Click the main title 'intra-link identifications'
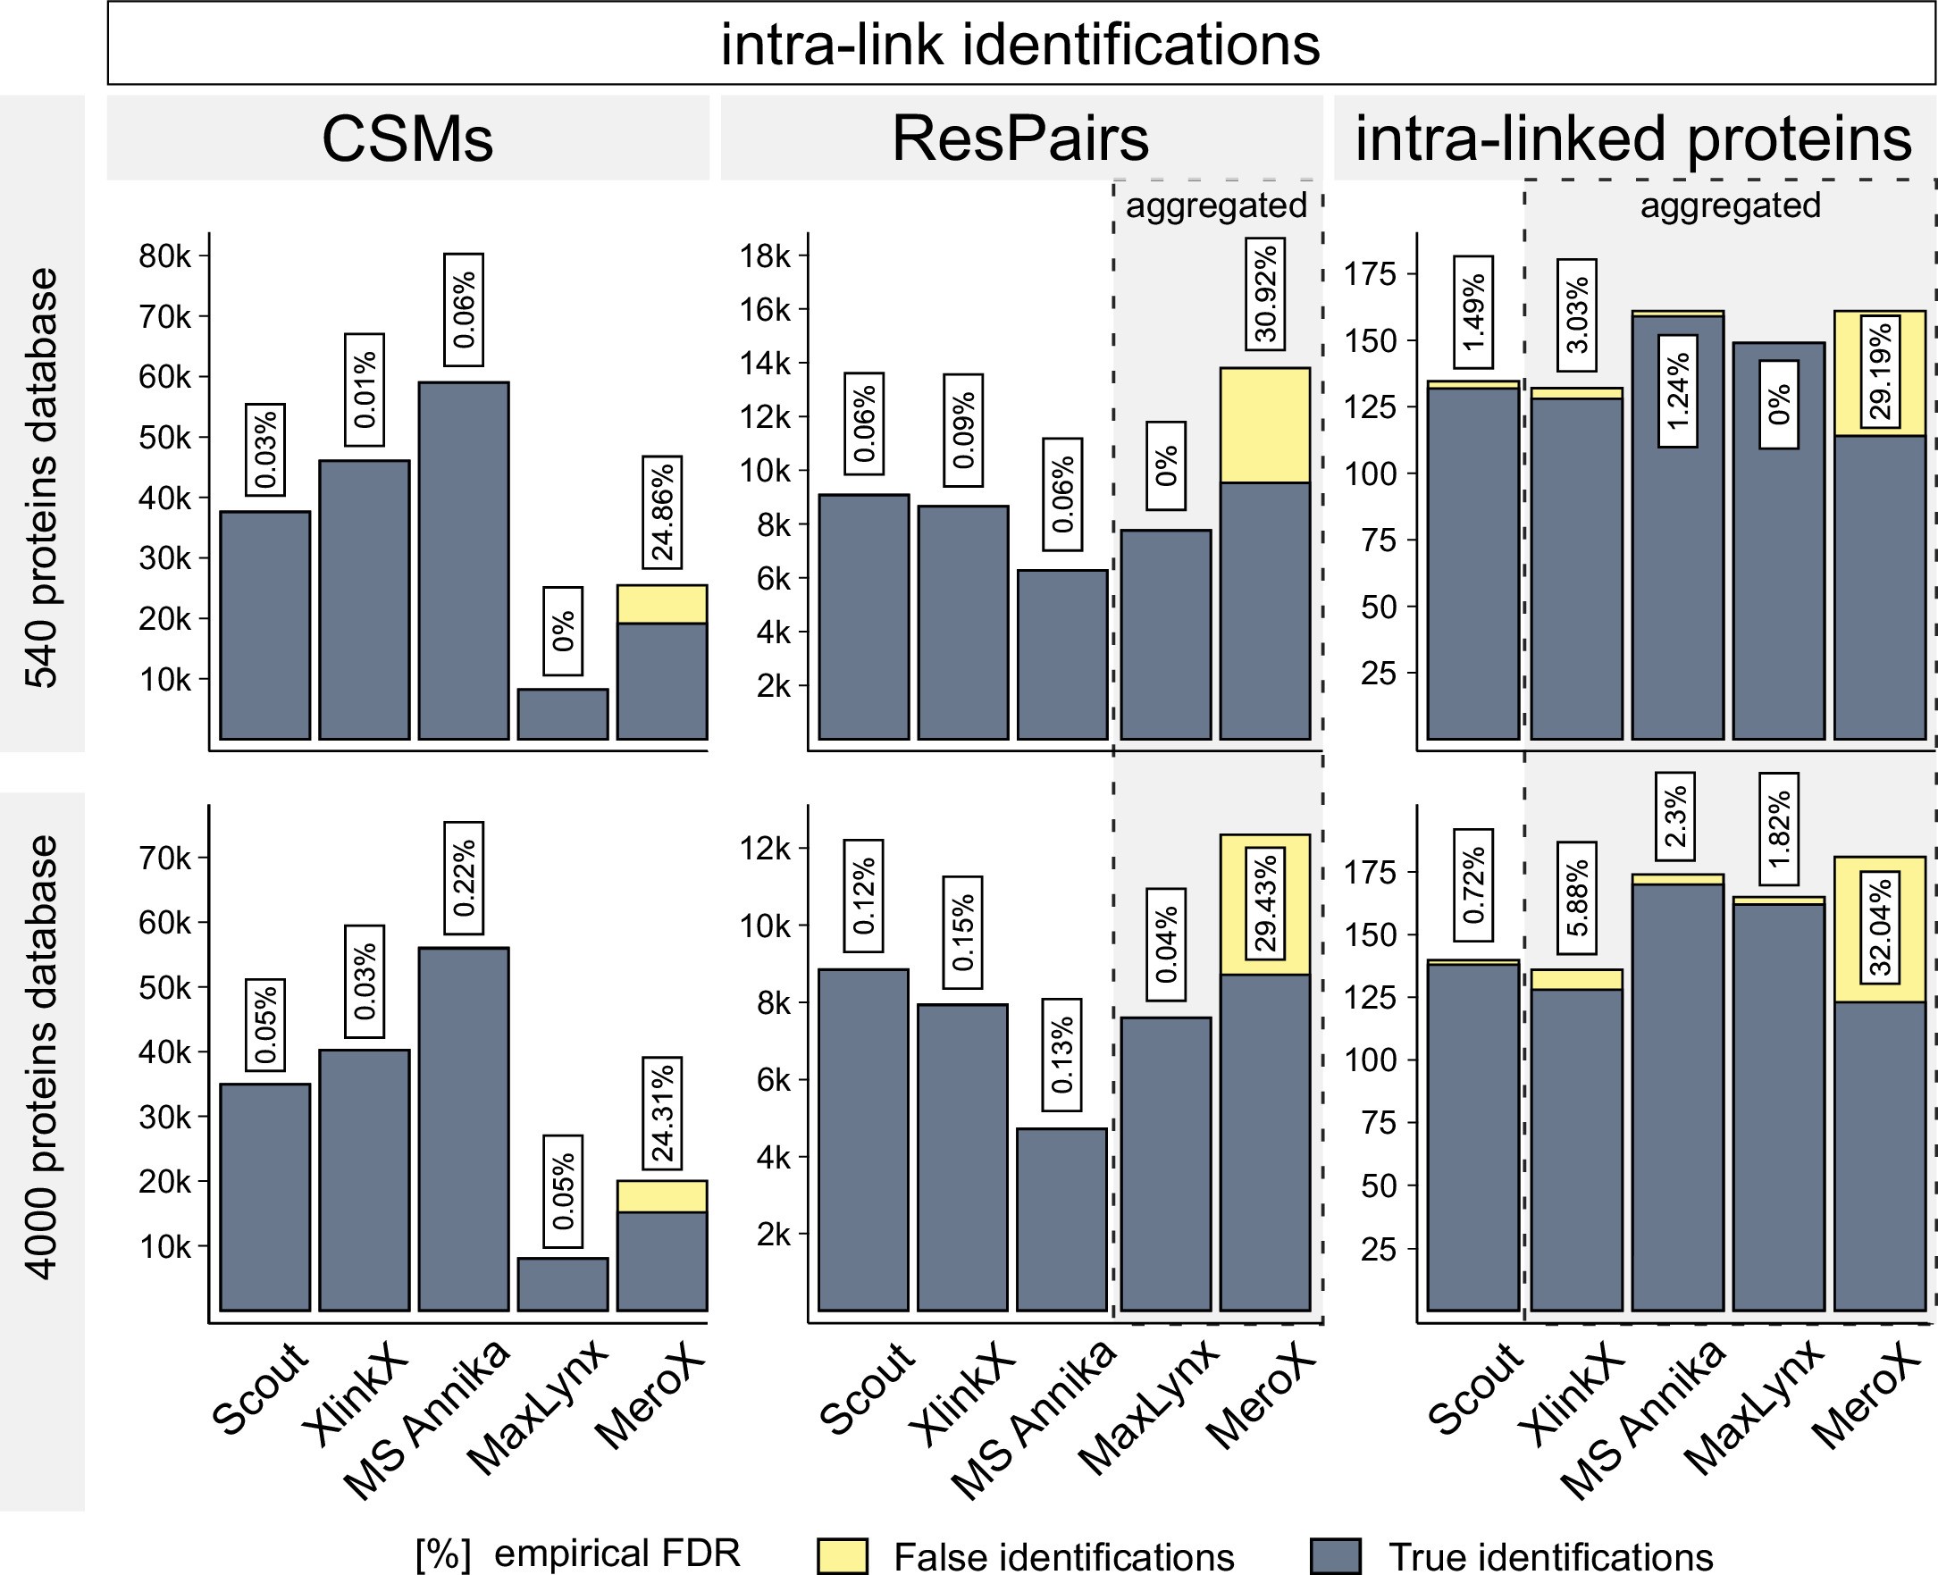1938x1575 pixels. tap(1019, 44)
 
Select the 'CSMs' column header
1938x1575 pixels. tap(407, 138)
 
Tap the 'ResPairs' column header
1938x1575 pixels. tap(1019, 138)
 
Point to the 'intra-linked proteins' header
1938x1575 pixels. tap(1633, 138)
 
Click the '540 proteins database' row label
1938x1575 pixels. tap(42, 477)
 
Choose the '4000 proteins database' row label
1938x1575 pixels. tap(42, 1058)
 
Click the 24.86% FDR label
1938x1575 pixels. tap(662, 512)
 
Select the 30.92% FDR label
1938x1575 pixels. tap(1265, 293)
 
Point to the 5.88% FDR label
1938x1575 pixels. tap(1577, 898)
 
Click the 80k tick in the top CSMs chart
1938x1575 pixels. tap(165, 256)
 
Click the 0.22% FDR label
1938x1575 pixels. tap(464, 878)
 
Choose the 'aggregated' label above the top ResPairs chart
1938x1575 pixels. tap(1216, 206)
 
